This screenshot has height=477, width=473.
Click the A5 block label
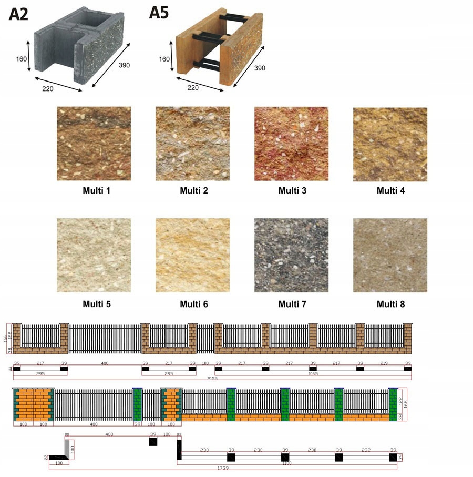(159, 12)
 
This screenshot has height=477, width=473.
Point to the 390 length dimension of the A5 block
(260, 68)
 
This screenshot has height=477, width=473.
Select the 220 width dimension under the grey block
(48, 89)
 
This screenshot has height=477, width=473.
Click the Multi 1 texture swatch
(94, 144)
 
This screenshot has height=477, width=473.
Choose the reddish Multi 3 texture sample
(291, 144)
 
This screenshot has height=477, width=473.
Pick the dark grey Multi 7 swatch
(291, 255)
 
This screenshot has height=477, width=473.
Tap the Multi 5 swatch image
(94, 255)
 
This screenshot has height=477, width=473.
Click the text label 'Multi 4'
(390, 190)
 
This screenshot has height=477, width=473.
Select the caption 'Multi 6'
(194, 304)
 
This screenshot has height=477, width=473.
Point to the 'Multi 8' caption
(390, 304)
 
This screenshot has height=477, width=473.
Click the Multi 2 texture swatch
(192, 144)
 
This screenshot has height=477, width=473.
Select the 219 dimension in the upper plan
(384, 363)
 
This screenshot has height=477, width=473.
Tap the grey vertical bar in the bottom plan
(67, 446)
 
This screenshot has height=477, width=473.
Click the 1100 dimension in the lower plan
(286, 463)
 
